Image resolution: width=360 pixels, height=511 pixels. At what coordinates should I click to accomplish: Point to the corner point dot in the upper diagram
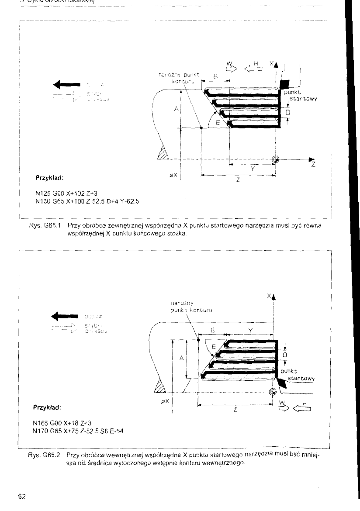click(201, 128)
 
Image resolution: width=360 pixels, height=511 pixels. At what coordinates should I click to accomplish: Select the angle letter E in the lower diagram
click(213, 347)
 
